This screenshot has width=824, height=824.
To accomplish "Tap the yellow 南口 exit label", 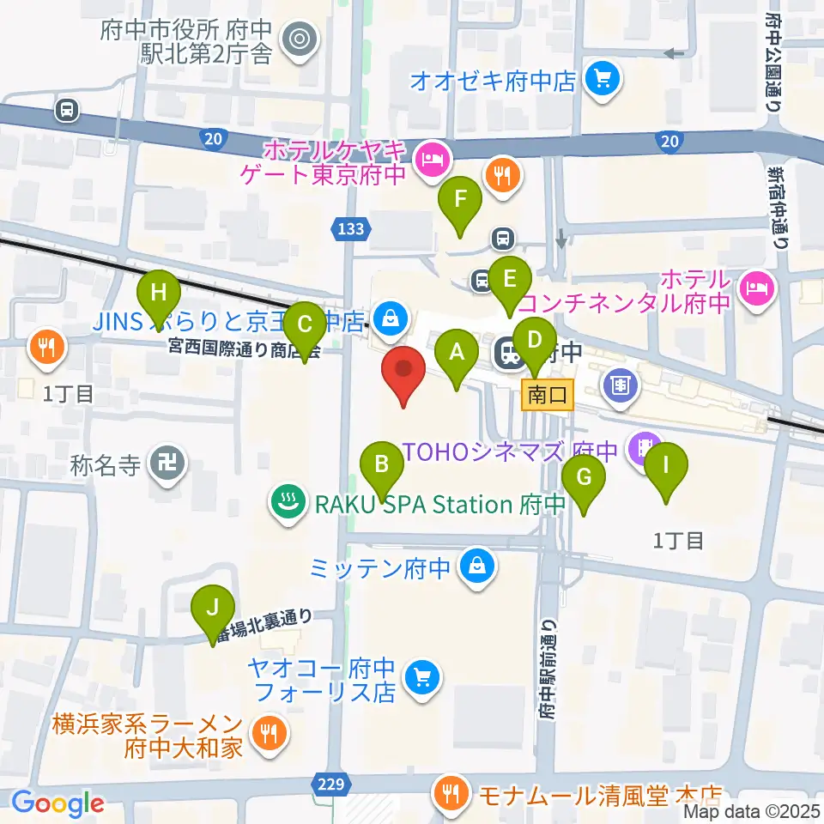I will pos(548,396).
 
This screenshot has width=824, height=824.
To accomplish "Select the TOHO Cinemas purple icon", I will pos(640,446).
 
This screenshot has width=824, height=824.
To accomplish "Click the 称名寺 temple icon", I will pos(164,464).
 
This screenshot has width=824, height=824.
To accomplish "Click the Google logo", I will pos(58,803).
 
